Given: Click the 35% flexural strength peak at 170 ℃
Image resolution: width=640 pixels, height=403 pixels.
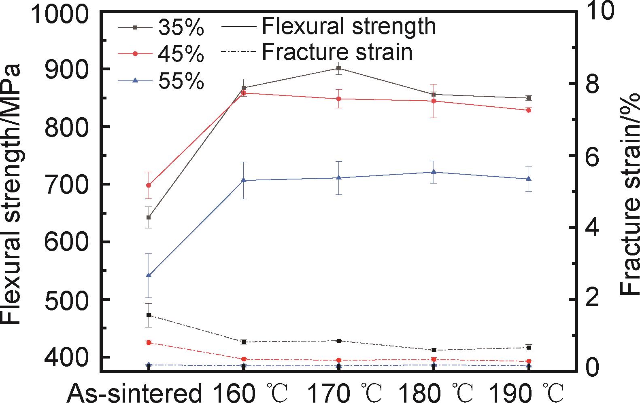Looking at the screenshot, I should (x=338, y=68).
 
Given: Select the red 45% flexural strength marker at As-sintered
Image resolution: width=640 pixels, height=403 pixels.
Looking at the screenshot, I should (x=149, y=185).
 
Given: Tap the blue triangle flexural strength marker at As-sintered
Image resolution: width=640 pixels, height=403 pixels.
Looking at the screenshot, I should (x=149, y=275).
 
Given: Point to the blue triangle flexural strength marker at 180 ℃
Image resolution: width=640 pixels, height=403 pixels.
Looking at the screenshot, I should (x=434, y=172).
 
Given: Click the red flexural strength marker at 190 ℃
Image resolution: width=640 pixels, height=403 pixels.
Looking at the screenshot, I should (x=528, y=110).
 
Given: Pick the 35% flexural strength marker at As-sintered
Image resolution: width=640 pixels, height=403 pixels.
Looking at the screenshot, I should (x=149, y=217).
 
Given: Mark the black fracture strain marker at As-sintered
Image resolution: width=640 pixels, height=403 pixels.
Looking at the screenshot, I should (x=149, y=315).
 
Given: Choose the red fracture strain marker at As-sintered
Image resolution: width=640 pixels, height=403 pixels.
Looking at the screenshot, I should (x=149, y=342).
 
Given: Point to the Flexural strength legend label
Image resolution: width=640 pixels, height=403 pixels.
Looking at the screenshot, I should (x=348, y=26).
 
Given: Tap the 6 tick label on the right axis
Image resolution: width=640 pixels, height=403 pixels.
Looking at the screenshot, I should (x=599, y=156).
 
